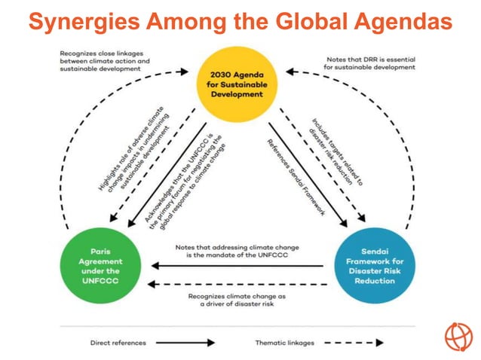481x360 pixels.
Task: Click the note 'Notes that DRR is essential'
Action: click(x=369, y=63)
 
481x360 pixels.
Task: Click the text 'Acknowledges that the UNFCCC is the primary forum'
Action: click(x=179, y=181)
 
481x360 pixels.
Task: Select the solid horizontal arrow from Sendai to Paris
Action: click(x=238, y=265)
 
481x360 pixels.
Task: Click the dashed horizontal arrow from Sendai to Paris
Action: click(x=238, y=285)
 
